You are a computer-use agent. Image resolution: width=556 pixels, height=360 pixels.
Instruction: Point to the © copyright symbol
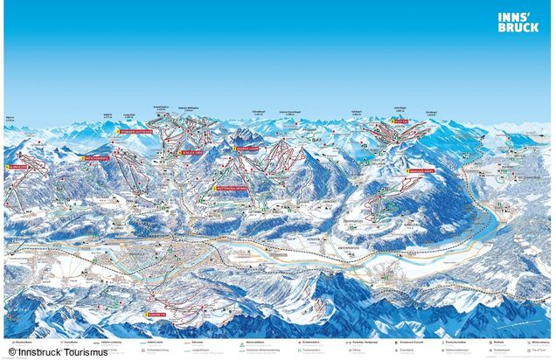(12, 351)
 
